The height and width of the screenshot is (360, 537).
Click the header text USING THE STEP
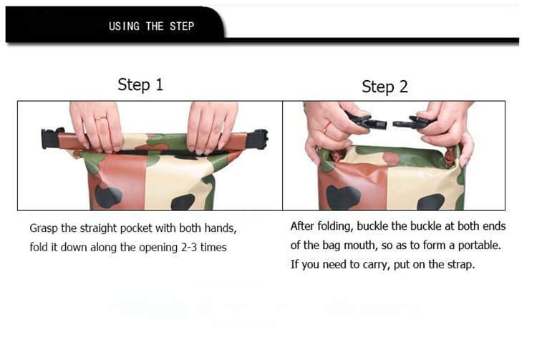151,26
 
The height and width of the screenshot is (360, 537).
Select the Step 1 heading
140,84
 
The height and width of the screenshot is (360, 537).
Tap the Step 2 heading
384,87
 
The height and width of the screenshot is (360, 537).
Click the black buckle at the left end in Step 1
50,137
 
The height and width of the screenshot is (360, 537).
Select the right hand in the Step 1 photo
211,125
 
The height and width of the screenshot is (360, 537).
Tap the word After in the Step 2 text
303,226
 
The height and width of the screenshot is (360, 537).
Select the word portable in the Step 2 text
478,245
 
